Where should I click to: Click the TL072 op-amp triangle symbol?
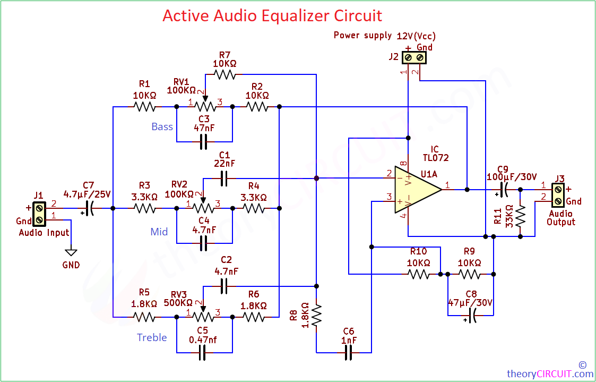tap(417, 189)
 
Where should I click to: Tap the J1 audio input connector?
tap(39, 214)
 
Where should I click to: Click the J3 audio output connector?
tap(558, 194)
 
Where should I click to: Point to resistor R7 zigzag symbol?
tap(224, 74)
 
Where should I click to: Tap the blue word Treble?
tap(152, 337)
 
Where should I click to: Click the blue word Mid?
tap(159, 232)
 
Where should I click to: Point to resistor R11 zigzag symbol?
tap(521, 216)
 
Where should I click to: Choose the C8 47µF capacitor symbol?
tap(472, 316)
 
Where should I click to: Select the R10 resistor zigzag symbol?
tap(419, 274)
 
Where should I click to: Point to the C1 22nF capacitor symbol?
tap(224, 178)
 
